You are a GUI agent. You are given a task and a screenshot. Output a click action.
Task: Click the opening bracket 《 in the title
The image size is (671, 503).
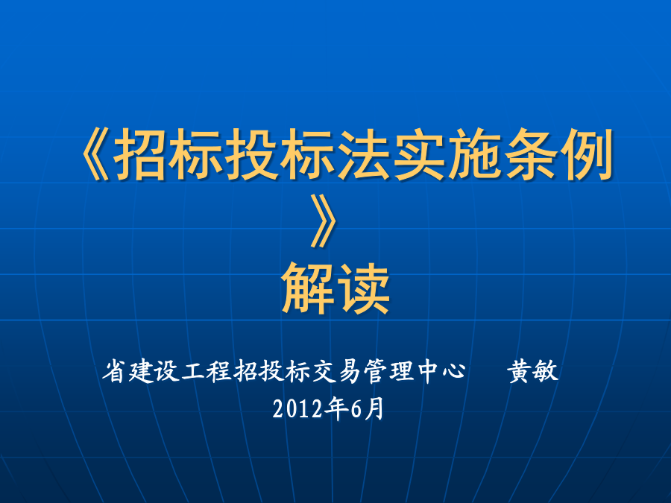95,154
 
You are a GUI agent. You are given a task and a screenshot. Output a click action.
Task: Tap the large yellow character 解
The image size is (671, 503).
308,288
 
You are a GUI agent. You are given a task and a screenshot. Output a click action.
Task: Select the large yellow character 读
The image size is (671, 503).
364,288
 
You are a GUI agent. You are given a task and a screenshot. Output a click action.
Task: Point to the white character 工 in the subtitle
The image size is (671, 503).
193,371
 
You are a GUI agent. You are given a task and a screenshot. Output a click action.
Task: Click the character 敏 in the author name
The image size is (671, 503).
546,371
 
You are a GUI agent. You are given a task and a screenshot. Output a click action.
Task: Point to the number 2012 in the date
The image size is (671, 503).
297,409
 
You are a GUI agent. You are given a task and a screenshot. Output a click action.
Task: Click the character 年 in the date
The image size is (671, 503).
335,408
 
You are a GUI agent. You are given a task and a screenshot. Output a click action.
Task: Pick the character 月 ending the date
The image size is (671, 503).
374,408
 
